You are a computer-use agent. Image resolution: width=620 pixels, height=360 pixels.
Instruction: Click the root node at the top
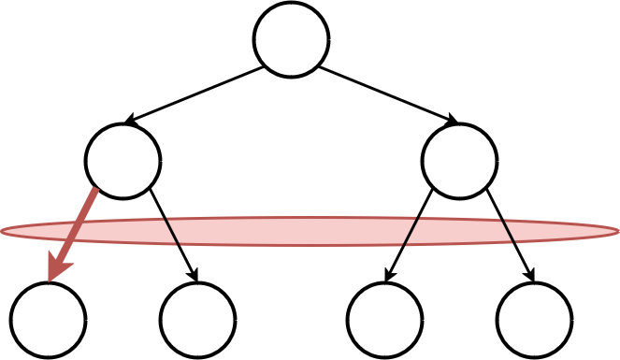point(291,39)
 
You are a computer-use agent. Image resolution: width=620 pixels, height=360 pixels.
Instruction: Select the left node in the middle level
point(123,161)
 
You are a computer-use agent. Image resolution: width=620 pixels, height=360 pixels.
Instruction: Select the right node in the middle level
point(459,161)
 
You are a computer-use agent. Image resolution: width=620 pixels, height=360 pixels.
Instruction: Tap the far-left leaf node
point(48,320)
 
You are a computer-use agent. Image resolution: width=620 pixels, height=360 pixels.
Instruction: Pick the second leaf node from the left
point(197,320)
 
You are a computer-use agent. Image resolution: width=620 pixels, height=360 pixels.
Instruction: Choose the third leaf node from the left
point(384,320)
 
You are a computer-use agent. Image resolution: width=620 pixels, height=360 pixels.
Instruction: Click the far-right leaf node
point(534,320)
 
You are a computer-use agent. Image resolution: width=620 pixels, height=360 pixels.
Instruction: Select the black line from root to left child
point(196,94)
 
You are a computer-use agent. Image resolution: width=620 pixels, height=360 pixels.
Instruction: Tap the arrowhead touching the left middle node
point(131,121)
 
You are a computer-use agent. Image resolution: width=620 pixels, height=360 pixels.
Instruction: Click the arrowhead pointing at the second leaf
point(195,274)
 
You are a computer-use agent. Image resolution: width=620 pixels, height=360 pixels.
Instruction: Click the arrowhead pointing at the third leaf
point(388,274)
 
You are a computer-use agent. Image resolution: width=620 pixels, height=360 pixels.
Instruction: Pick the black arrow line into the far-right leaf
point(510,234)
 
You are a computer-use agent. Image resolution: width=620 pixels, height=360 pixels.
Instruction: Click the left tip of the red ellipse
point(4,231)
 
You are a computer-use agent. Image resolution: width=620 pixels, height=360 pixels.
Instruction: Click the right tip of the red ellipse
point(616,231)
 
